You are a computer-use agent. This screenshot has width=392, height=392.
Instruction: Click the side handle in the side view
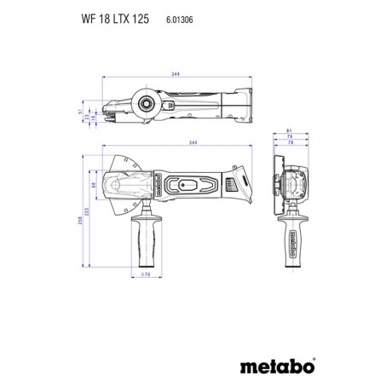coord(144,239)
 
